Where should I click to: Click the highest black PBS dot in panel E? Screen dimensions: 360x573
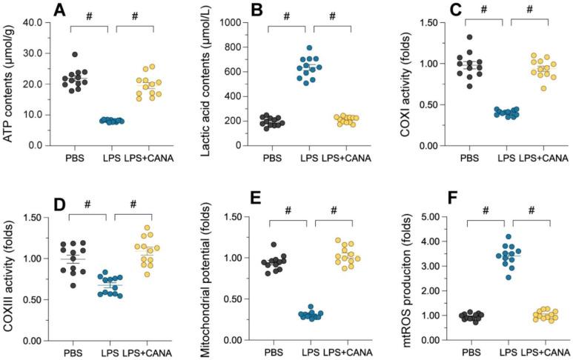[274, 244]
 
